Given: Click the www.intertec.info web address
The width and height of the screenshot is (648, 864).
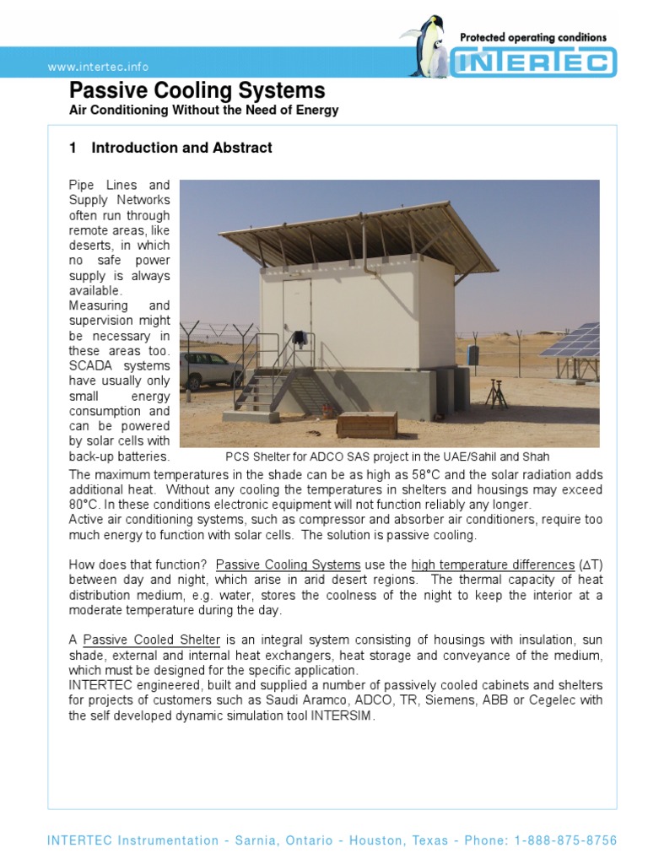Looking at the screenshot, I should pyautogui.click(x=100, y=67).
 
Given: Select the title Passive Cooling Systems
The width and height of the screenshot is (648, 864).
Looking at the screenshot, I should pyautogui.click(x=196, y=91).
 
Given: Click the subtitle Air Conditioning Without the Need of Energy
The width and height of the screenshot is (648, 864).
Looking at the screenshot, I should pyautogui.click(x=202, y=111).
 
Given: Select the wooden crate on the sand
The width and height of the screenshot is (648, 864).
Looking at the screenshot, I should pyautogui.click(x=366, y=424).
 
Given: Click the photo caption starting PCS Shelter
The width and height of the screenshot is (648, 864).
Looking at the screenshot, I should pyautogui.click(x=387, y=456).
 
